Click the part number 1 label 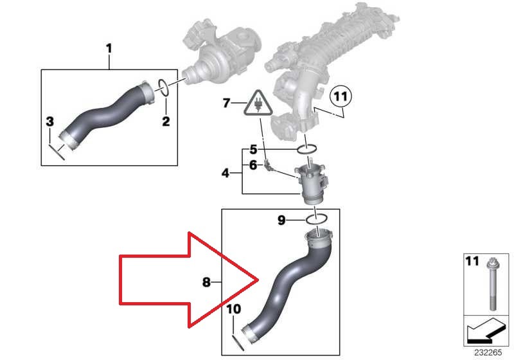click(109, 48)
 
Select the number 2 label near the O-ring click(165, 121)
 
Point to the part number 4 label click(226, 173)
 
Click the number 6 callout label click(253, 165)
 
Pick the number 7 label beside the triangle click(226, 102)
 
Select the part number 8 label click(206, 281)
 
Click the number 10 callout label click(233, 309)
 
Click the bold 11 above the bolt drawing click(472, 262)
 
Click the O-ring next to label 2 click(164, 88)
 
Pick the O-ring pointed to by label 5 click(308, 150)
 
